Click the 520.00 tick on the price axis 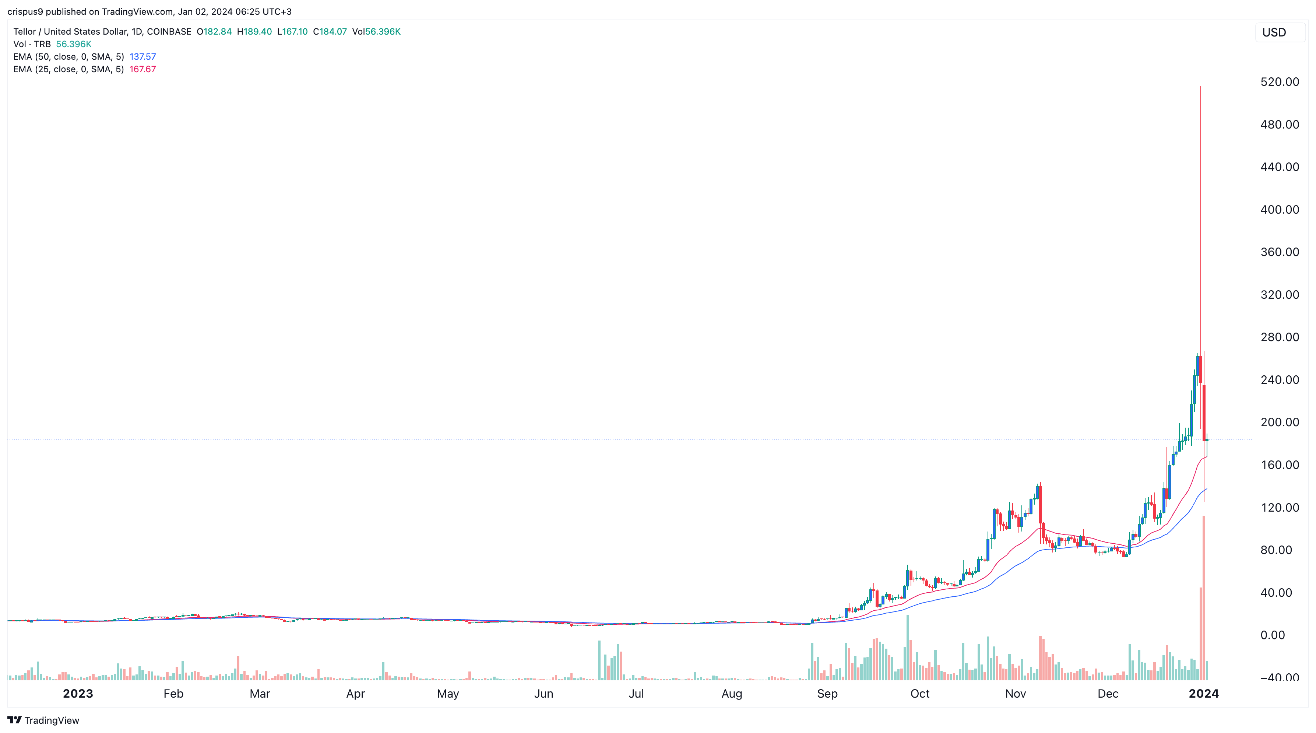pos(1279,82)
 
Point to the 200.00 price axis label pos(1279,422)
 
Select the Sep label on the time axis pos(827,694)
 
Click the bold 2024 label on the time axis pos(1204,694)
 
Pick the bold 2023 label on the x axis pos(78,694)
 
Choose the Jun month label pos(543,694)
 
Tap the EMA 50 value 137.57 pos(142,57)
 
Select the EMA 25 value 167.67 pos(142,69)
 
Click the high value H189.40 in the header pos(254,32)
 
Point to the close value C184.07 pos(330,32)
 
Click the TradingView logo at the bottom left pos(43,720)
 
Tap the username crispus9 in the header pos(25,11)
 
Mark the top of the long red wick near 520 pos(1200,87)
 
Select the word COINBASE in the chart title pos(169,32)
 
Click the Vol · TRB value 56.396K pos(74,44)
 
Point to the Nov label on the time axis pos(1015,694)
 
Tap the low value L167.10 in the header pos(292,32)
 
